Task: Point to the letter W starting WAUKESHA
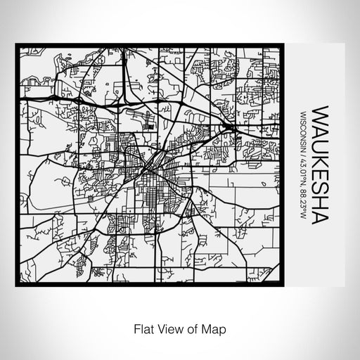point(320,115)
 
